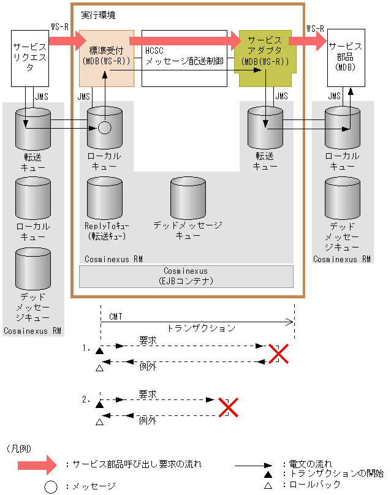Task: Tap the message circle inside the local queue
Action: click(105, 128)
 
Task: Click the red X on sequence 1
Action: click(278, 353)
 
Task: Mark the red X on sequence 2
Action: click(229, 407)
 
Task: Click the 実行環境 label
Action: click(99, 13)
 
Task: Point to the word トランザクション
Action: click(201, 328)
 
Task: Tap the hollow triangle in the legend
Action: click(268, 485)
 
